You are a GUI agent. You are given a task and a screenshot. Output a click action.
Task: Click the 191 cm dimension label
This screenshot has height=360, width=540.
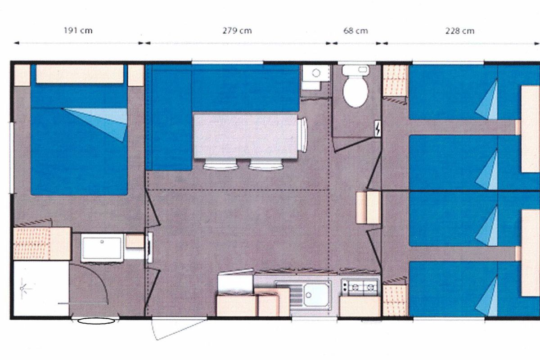(78, 31)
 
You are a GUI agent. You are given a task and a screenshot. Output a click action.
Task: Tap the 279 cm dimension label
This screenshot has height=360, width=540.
(237, 31)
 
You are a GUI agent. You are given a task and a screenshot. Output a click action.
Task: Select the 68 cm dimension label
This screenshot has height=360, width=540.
(355, 31)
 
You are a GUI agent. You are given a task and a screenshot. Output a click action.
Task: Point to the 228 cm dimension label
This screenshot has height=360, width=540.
(460, 31)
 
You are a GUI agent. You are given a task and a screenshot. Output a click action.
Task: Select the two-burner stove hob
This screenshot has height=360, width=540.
(360, 288)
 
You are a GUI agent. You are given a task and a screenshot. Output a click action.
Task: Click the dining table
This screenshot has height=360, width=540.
(245, 136)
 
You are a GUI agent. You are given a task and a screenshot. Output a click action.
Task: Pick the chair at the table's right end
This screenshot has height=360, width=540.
(303, 135)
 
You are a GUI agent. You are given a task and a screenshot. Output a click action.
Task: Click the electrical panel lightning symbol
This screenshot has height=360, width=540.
(378, 129)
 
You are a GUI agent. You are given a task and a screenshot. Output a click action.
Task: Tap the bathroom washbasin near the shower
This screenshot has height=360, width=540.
(102, 248)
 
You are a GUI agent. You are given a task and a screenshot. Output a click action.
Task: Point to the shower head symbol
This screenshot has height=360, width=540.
(24, 288)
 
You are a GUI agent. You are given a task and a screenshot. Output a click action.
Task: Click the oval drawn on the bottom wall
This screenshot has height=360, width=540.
(96, 321)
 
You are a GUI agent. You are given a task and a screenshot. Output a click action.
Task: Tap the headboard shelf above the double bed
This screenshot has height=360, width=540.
(80, 74)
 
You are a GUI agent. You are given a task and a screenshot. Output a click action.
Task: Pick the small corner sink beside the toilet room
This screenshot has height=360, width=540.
(315, 73)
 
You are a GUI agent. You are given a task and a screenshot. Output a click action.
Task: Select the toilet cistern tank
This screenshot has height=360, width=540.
(355, 70)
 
